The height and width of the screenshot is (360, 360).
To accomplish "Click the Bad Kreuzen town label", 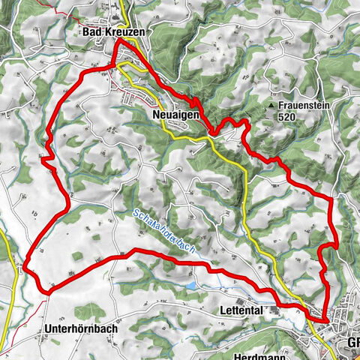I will point(113,34).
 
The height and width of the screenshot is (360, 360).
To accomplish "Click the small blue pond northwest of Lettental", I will point(193,286).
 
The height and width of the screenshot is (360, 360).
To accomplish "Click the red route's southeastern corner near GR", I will point(326,320).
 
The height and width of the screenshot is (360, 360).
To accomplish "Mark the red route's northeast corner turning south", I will point(331,196).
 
